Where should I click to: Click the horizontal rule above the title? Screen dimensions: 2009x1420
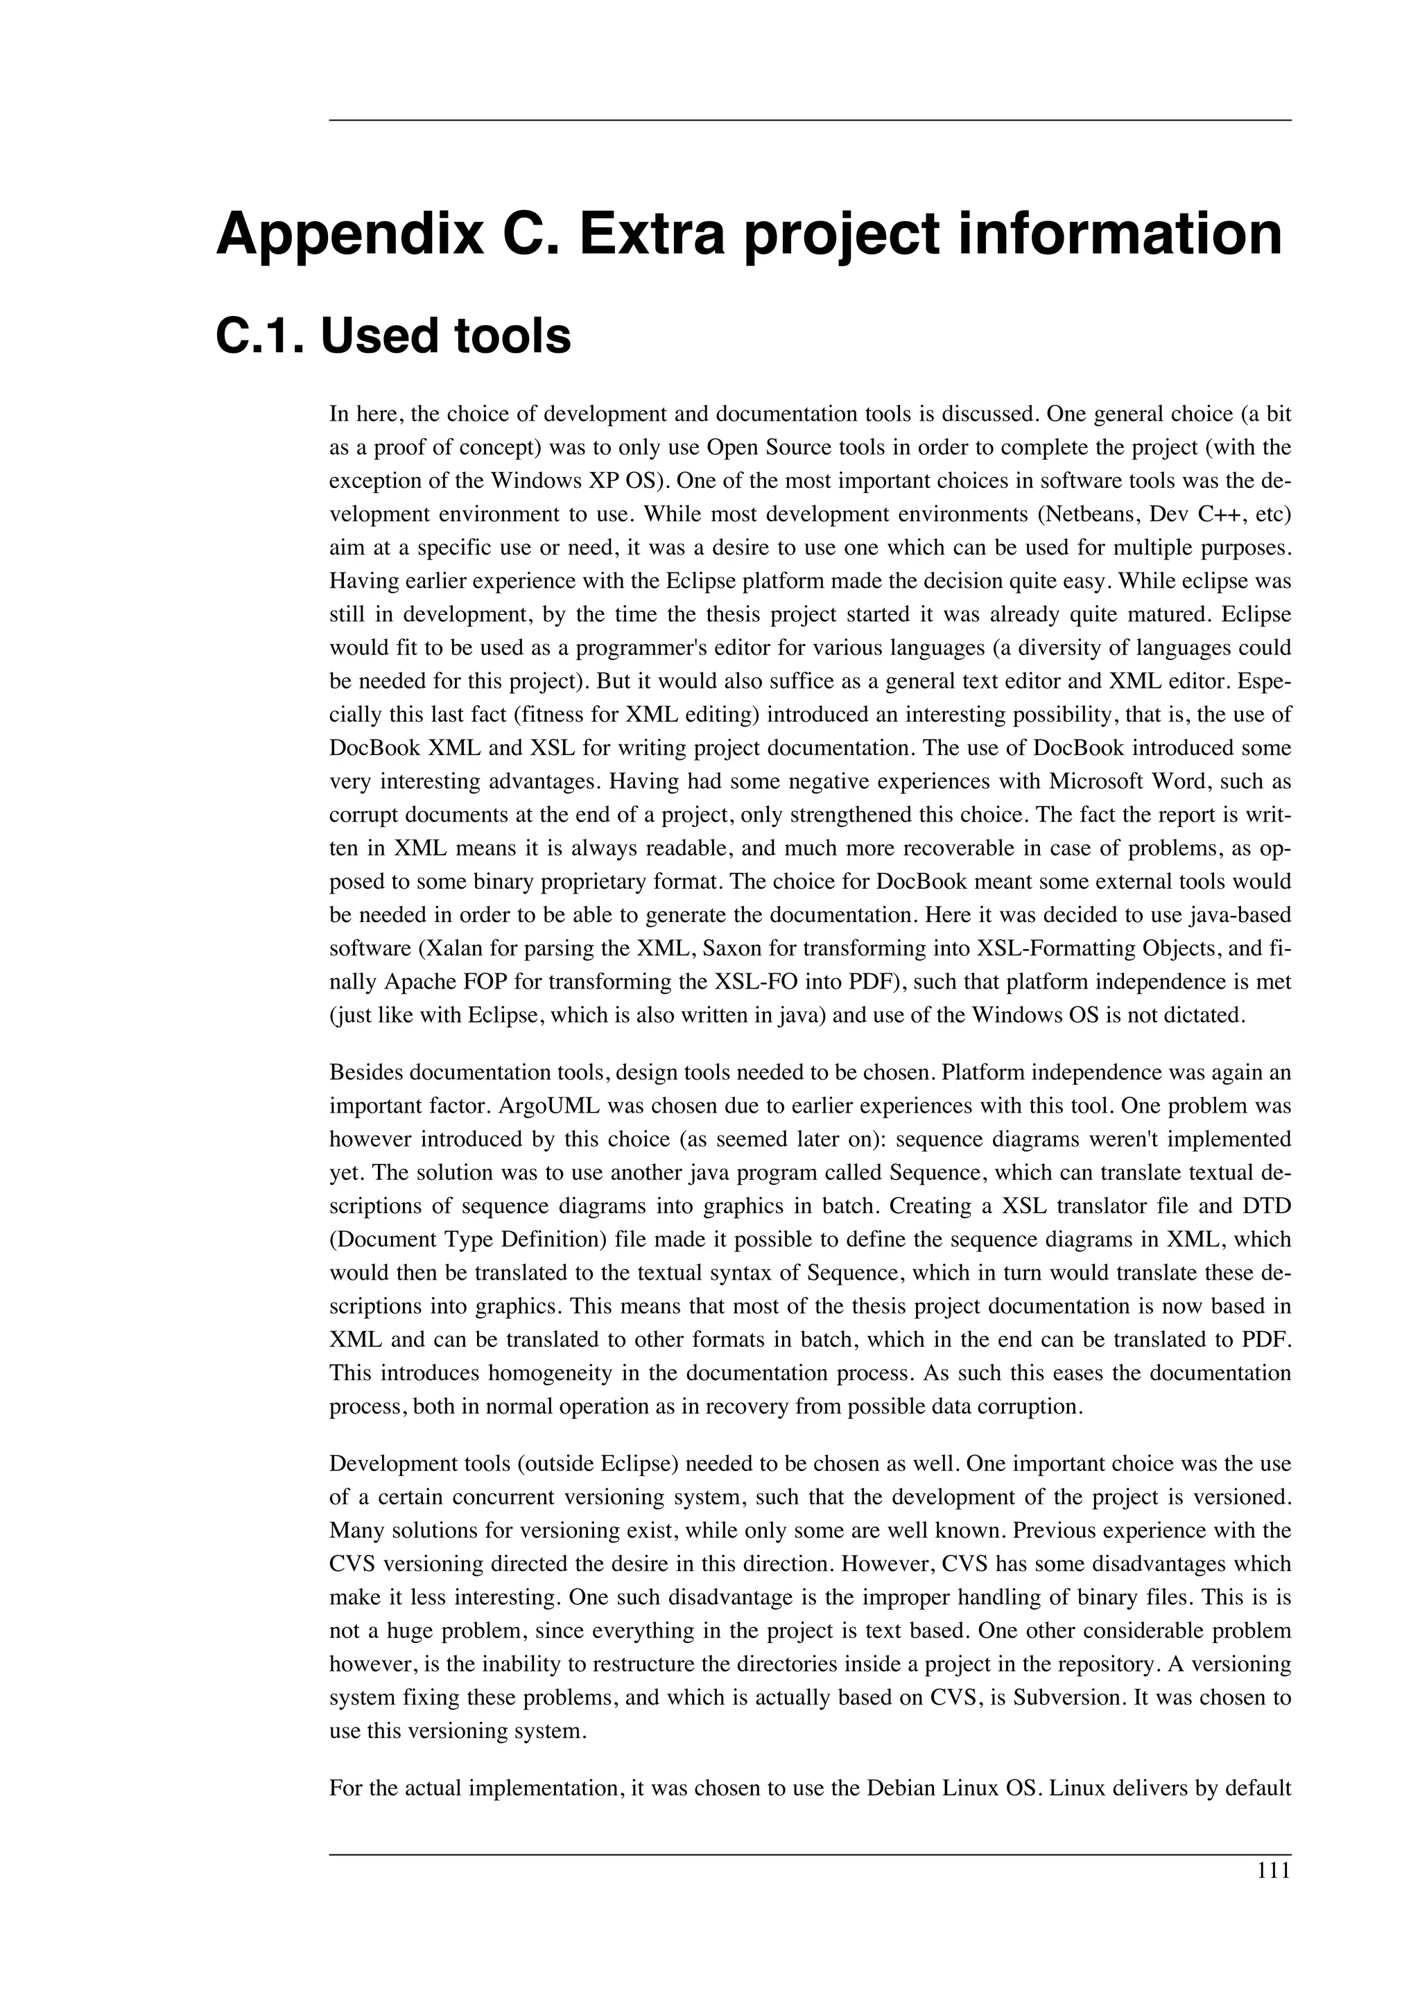click(x=809, y=120)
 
